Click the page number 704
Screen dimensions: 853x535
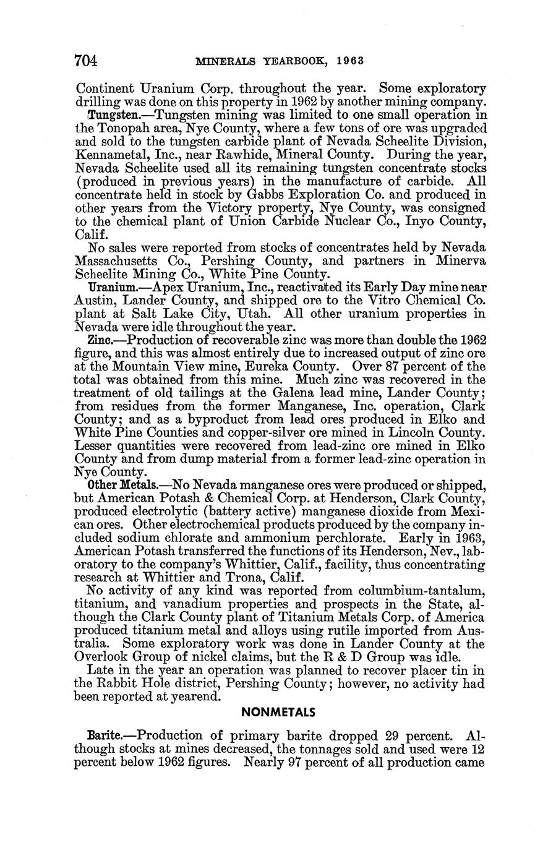tap(86, 61)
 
